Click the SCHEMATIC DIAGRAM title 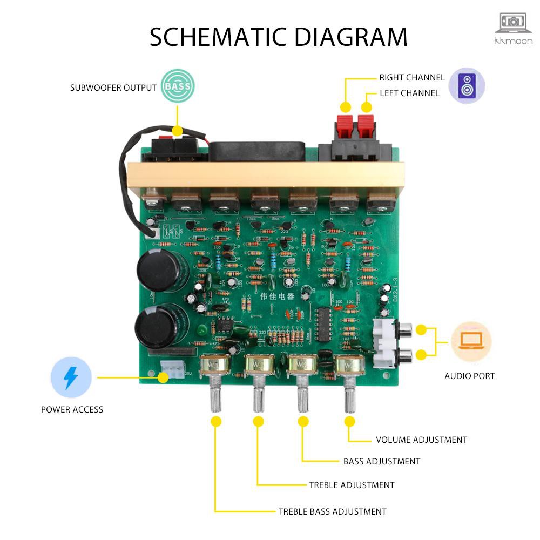tap(278, 37)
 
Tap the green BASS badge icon tap(178, 86)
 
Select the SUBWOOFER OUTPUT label tap(113, 87)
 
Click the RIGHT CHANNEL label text tap(412, 78)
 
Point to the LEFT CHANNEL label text tap(409, 93)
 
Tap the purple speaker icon tap(467, 86)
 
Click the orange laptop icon tap(471, 342)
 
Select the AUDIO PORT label tap(469, 376)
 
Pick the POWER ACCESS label tap(72, 409)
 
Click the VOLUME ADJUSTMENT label tap(421, 440)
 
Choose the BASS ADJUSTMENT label tap(381, 461)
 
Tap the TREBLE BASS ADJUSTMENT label tap(332, 511)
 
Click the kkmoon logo tap(514, 29)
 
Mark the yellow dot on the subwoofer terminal tap(177, 132)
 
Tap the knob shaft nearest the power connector tap(215, 397)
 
